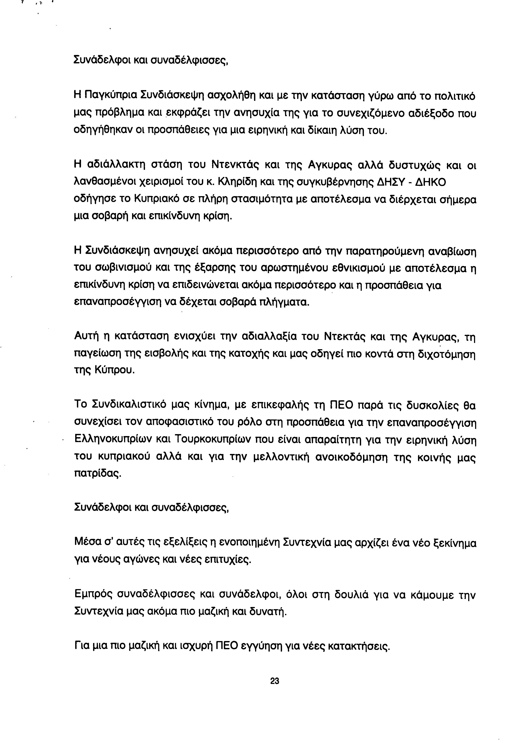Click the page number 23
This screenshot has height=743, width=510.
[274, 681]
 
